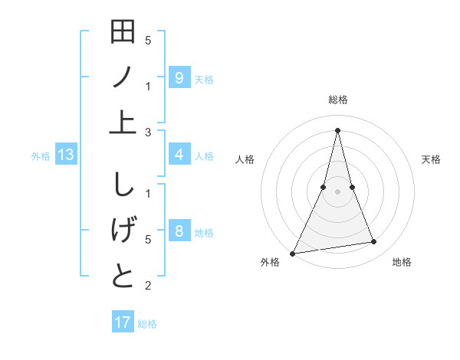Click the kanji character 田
(x=123, y=34)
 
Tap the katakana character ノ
(x=123, y=78)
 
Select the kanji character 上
(x=123, y=122)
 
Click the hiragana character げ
(x=123, y=231)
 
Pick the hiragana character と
(x=123, y=275)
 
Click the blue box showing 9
(x=179, y=77)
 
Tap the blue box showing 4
(x=179, y=155)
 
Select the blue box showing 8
(x=179, y=231)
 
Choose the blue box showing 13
(x=66, y=155)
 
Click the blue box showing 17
(x=123, y=322)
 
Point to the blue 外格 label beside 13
(x=41, y=156)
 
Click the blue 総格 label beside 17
(x=147, y=324)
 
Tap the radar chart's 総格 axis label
(x=337, y=100)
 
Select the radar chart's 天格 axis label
(x=432, y=159)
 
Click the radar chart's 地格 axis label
(x=402, y=262)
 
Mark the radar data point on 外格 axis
(x=292, y=253)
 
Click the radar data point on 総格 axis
(x=337, y=130)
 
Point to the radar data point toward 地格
(x=374, y=242)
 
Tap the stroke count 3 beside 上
(x=148, y=133)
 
